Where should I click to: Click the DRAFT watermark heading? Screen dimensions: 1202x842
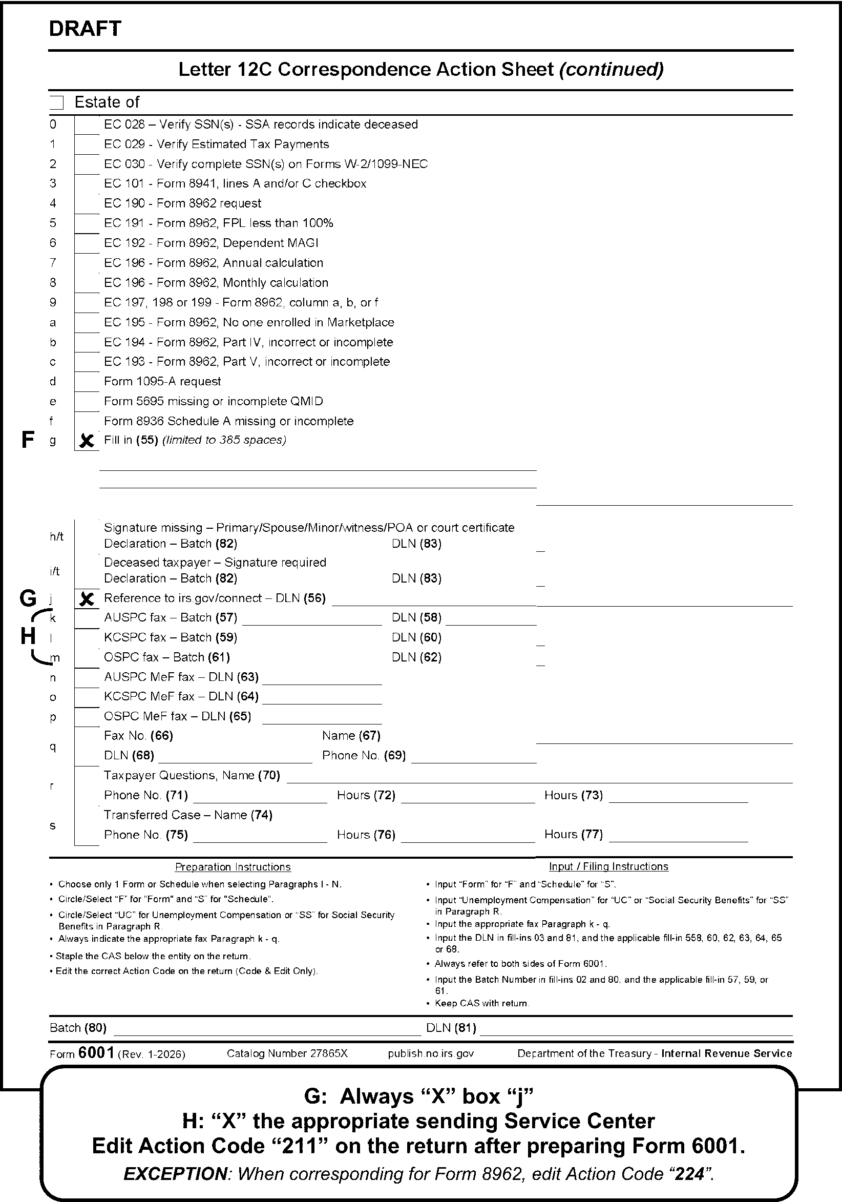[x=85, y=29]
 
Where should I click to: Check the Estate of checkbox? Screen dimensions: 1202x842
[x=56, y=102]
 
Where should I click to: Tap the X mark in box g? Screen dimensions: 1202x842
[x=87, y=441]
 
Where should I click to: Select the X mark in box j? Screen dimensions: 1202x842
[x=87, y=599]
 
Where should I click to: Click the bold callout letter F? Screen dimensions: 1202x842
[x=28, y=440]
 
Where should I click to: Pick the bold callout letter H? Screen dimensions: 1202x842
[x=28, y=636]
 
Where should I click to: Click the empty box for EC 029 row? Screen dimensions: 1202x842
[x=87, y=144]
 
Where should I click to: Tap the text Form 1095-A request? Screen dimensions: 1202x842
[x=162, y=382]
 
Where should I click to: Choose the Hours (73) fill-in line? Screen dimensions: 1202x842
[x=678, y=799]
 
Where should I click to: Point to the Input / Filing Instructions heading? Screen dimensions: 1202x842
[x=608, y=867]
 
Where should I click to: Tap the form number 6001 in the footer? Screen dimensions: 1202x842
[x=96, y=1053]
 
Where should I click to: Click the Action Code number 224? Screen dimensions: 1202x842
[x=689, y=1174]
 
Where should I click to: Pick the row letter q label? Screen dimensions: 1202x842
[x=53, y=747]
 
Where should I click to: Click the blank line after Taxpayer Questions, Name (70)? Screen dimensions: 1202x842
[x=539, y=779]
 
